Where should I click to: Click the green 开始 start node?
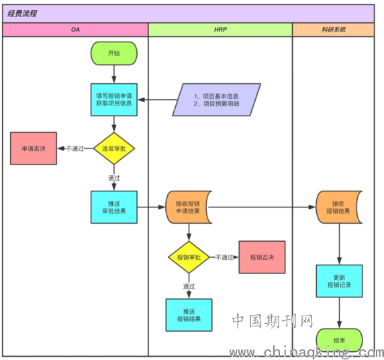click(x=114, y=53)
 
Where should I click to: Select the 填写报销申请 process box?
click(x=114, y=99)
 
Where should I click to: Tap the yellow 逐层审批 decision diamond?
click(x=114, y=148)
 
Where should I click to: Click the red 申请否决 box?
click(x=34, y=148)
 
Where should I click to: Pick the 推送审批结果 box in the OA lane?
click(x=114, y=207)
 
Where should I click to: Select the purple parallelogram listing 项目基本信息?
click(x=216, y=99)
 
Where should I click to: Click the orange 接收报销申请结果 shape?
click(x=188, y=207)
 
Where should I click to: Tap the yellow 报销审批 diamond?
click(x=189, y=257)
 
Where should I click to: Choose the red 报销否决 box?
click(x=262, y=257)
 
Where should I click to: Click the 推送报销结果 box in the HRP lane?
click(x=189, y=315)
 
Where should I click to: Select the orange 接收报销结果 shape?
click(x=338, y=207)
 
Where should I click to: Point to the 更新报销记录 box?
click(x=339, y=281)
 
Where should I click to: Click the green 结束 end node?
click(x=339, y=340)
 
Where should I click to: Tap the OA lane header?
click(x=75, y=30)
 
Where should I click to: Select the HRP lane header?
click(x=220, y=30)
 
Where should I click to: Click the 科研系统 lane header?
click(x=333, y=30)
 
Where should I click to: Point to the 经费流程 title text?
click(x=22, y=13)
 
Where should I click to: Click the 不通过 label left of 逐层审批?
click(x=75, y=148)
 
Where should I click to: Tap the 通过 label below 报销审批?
click(x=189, y=286)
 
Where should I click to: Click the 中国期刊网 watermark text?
click(x=273, y=321)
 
